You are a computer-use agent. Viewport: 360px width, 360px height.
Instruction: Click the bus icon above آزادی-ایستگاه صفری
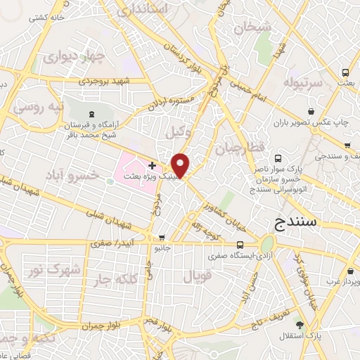pyautogui.click(x=241, y=244)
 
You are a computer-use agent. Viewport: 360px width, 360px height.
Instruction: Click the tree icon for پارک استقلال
pyautogui.click(x=300, y=325)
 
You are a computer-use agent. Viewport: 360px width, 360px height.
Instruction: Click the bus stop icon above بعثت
pyautogui.click(x=345, y=72)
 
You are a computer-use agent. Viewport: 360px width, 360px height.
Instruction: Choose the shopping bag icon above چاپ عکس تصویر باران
pyautogui.click(x=311, y=111)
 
